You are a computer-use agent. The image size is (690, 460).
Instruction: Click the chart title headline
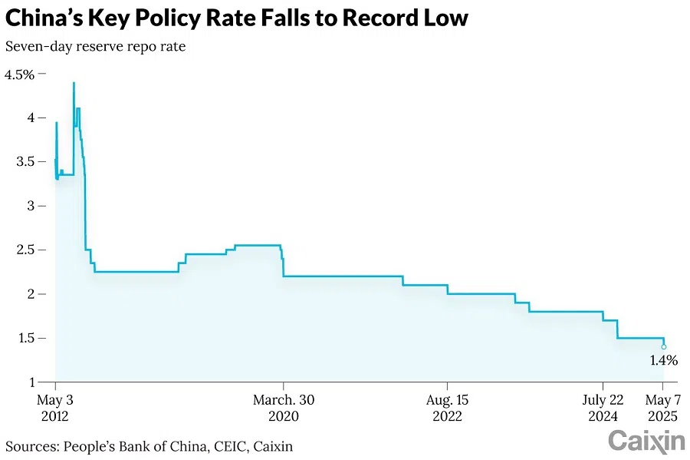click(x=236, y=18)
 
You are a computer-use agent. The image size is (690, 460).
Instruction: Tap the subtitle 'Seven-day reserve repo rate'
click(x=96, y=46)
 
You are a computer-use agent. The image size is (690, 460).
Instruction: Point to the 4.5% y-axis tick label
click(x=20, y=74)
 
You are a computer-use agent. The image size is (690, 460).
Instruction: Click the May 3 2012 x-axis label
click(x=55, y=408)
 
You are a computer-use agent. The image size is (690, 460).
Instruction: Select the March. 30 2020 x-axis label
click(x=284, y=408)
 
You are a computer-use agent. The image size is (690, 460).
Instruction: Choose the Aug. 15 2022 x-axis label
click(x=447, y=408)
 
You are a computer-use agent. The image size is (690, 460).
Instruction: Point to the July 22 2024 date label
click(x=603, y=408)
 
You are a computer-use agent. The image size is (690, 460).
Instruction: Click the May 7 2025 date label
click(x=663, y=408)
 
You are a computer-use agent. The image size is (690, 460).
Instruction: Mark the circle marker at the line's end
click(x=664, y=347)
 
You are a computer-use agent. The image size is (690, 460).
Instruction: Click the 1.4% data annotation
click(x=663, y=360)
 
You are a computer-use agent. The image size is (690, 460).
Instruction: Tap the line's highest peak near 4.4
click(x=74, y=83)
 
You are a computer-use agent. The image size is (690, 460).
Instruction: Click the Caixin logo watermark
click(x=646, y=442)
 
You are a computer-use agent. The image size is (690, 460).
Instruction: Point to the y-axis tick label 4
click(x=30, y=118)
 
